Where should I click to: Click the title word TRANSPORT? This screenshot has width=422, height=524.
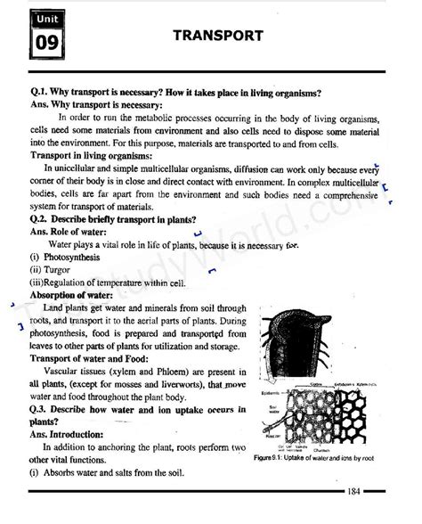[x=218, y=36]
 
